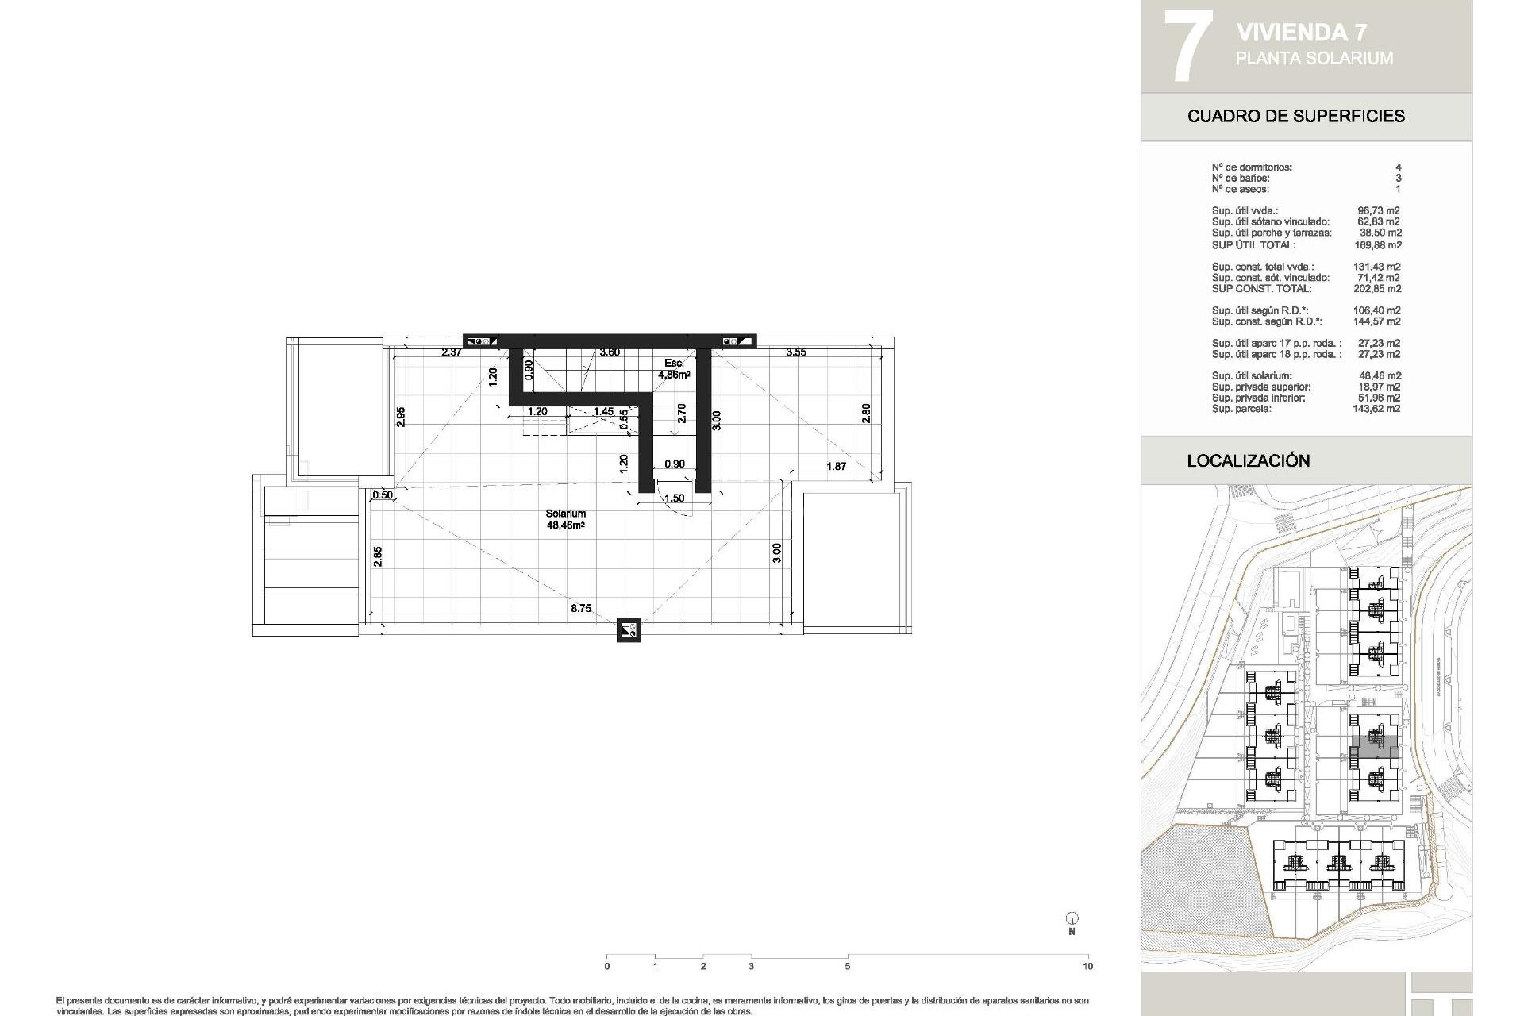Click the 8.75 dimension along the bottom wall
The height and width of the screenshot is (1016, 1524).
[580, 609]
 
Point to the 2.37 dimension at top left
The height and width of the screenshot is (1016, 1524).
[452, 352]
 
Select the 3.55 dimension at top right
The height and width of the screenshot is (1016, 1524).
[795, 352]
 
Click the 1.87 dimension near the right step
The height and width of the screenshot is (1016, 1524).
[836, 467]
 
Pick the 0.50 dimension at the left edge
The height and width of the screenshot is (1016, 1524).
[383, 495]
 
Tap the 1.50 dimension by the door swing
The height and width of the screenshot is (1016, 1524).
[674, 498]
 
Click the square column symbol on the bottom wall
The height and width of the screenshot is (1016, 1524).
[629, 631]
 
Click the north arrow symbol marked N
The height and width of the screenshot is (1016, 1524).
[1072, 921]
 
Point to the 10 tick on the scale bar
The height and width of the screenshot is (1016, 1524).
[1087, 966]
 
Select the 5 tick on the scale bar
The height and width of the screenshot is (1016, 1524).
[848, 966]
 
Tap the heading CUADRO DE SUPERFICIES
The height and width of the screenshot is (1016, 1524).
[1295, 116]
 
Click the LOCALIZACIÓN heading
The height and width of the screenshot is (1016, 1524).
[1248, 460]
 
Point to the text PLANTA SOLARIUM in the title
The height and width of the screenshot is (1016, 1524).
[1314, 58]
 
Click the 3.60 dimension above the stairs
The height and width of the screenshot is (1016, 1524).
[610, 352]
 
